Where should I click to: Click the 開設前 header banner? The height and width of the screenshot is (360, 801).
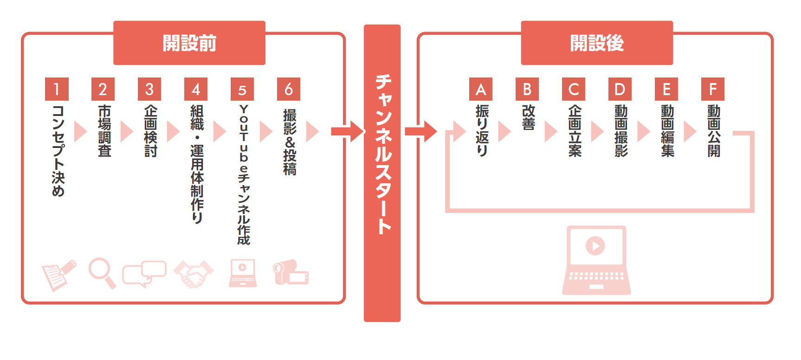coord(189,43)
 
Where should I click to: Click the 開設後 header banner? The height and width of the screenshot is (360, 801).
coord(597,43)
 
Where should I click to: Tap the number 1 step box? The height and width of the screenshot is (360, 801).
coord(57,89)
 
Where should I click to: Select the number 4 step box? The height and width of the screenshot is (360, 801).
coord(196,89)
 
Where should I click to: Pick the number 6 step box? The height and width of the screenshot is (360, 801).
coord(289,89)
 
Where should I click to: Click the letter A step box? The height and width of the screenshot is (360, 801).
coord(481,89)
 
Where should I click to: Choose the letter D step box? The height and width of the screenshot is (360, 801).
coord(620,89)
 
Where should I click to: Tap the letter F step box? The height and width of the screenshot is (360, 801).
coord(713,89)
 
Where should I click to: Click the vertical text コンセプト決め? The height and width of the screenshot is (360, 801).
coord(58,150)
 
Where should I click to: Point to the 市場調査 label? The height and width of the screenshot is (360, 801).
coord(104,131)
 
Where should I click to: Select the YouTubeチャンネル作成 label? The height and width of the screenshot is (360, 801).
coord(244,174)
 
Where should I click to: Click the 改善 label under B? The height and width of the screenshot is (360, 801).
coord(528,117)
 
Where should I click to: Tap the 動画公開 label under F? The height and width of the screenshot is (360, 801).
coord(714,131)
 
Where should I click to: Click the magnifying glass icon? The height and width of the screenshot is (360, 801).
coord(101,272)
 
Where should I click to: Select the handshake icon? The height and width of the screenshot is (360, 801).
coord(194,274)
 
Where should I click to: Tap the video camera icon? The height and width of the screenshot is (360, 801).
coord(290,273)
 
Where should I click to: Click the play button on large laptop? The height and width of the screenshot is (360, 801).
coord(595,245)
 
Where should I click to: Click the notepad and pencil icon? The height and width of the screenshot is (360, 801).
coord(58,275)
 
